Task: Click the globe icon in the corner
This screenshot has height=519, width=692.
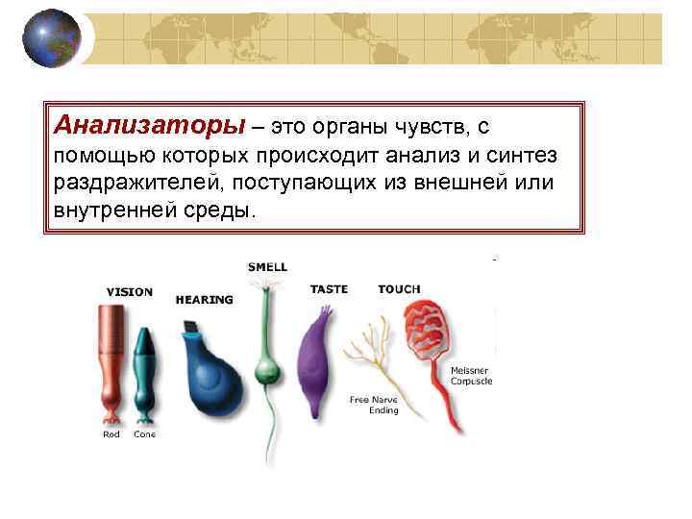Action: tap(51, 38)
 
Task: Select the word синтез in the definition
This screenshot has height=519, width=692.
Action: tap(528, 155)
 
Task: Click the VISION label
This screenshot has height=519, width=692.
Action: tap(129, 292)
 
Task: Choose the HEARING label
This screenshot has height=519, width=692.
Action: tap(205, 300)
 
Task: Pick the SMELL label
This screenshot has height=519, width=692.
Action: tap(267, 266)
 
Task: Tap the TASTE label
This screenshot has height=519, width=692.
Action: tap(329, 289)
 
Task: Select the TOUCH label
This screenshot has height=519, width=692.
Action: tap(399, 289)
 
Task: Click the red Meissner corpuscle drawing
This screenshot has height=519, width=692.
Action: tap(432, 332)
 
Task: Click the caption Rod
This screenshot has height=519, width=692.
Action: tap(111, 434)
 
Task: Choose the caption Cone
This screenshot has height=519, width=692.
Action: tap(144, 434)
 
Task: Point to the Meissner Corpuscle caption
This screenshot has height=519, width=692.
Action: tap(471, 375)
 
